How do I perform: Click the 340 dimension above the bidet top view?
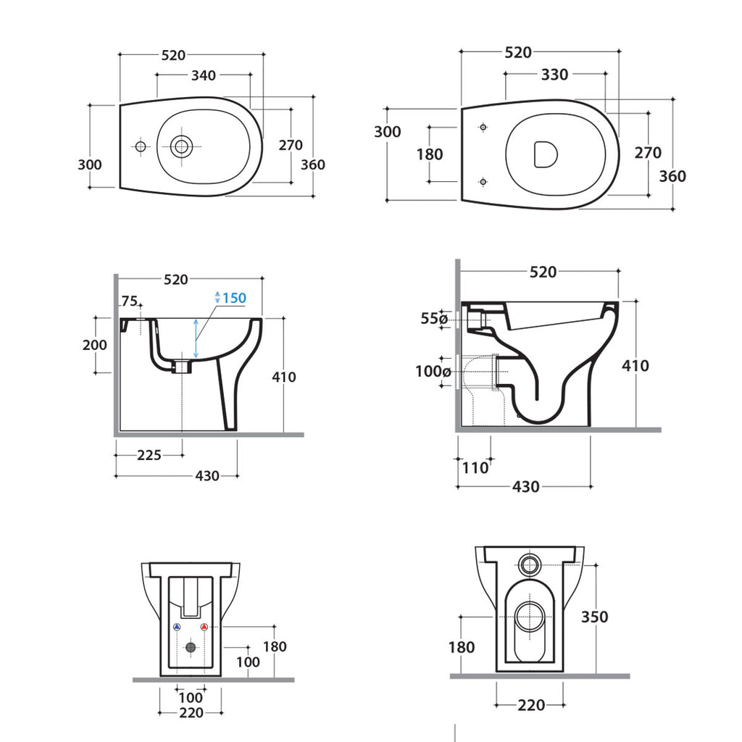point(203,75)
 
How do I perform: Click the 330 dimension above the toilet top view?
point(554,74)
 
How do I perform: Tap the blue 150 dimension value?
point(234,298)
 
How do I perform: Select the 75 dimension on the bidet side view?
point(130,301)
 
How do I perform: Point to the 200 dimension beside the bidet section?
point(94,345)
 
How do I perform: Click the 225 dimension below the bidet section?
point(149,455)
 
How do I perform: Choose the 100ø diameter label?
point(433,372)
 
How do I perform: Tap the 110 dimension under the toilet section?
point(475,467)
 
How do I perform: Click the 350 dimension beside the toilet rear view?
point(594,617)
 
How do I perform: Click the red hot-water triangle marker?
point(204,628)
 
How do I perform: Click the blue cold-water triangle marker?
point(176,628)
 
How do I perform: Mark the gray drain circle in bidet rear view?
point(191,646)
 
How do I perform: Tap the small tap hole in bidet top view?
point(140,147)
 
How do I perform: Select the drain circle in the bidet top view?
point(181,146)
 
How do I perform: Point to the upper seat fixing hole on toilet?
point(483,127)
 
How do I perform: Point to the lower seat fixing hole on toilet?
point(483,180)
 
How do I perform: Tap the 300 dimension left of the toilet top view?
point(388,132)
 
